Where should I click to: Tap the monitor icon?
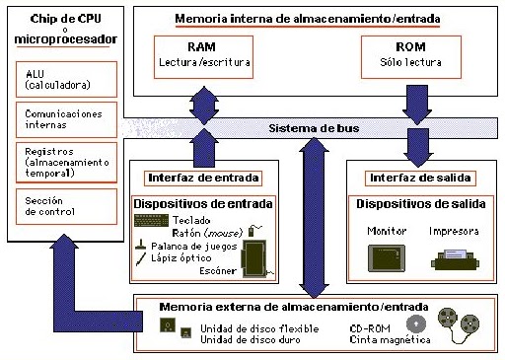coord(385,258)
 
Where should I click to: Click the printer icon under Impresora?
coord(455,260)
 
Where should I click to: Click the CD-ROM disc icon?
coord(417,323)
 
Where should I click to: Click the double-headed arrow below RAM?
coord(205,107)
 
